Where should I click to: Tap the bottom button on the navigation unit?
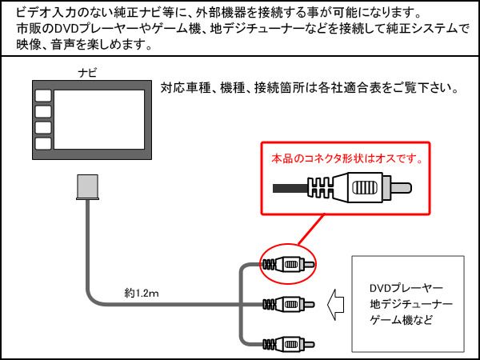(42, 142)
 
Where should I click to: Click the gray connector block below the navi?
(87, 187)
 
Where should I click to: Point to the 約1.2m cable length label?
(142, 294)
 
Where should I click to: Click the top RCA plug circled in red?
(288, 264)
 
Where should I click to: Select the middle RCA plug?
(288, 304)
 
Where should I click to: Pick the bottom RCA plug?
(288, 344)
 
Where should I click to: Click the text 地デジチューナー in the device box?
(410, 304)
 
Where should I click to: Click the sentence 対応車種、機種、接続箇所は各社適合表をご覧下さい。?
(308, 88)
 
